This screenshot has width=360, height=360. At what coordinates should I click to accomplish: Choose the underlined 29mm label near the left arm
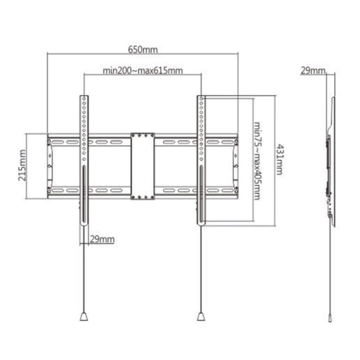[102, 238]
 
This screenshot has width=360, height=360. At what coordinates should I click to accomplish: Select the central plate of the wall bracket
[142, 166]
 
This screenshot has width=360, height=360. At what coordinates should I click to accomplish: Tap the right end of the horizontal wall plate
[233, 166]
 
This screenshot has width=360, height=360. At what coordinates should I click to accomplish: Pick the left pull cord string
[82, 273]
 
